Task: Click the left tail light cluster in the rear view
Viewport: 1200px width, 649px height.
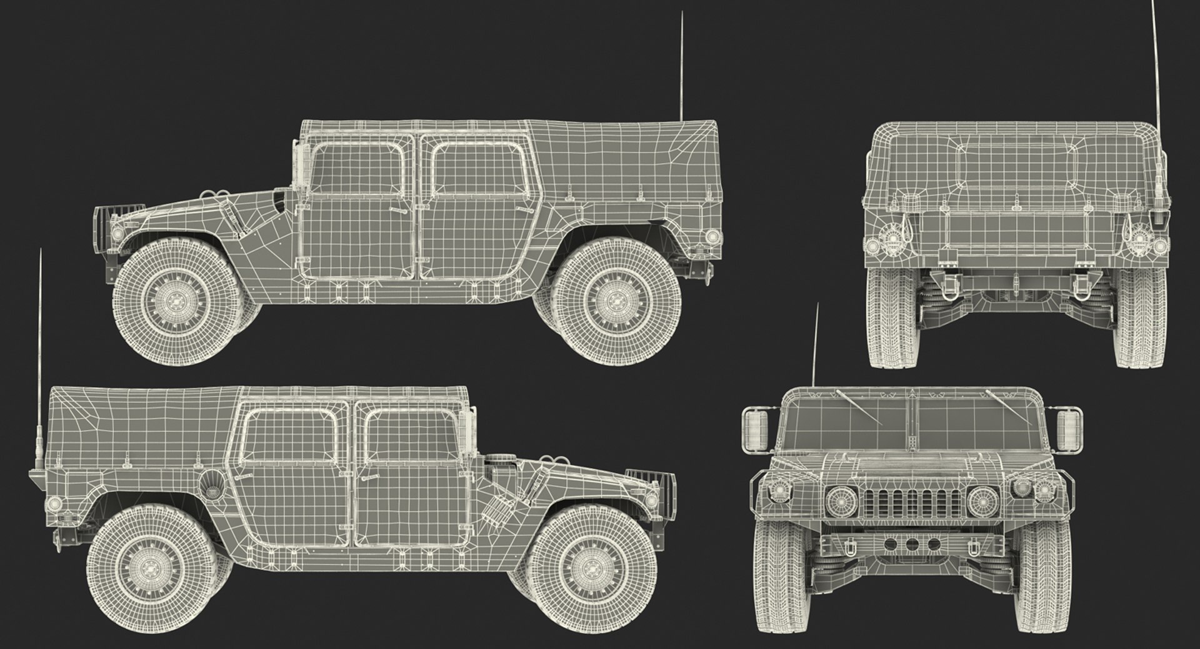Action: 887,238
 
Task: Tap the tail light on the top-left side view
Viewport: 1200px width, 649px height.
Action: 711,236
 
